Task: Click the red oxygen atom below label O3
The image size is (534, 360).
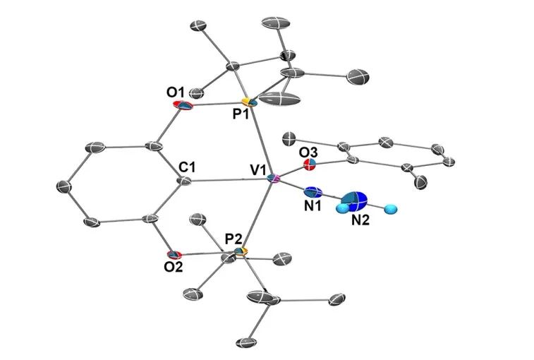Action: coord(308,167)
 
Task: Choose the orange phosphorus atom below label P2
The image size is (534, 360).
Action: coord(241,251)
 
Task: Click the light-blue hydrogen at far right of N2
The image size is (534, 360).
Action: coord(394,209)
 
